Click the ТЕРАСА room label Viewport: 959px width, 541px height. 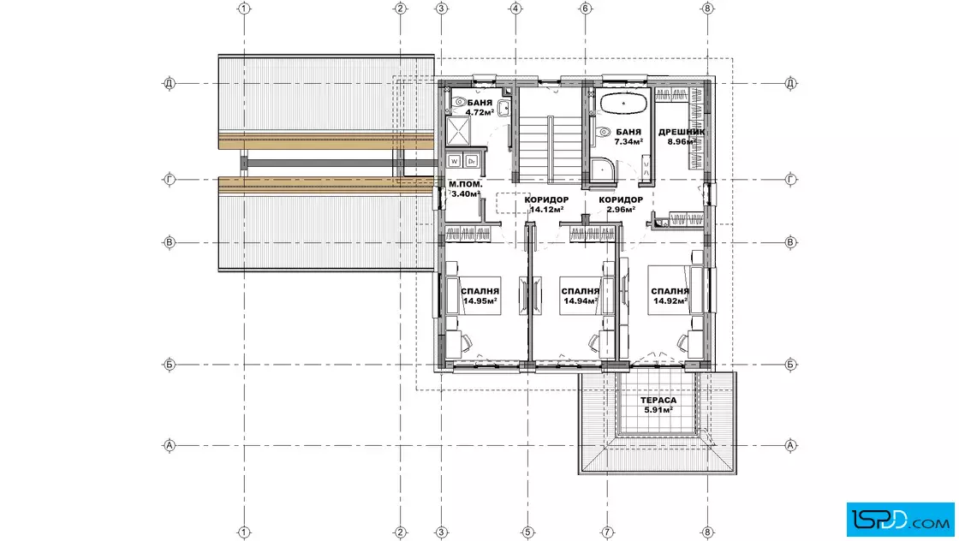[658, 401]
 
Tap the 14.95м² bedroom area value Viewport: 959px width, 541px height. [479, 300]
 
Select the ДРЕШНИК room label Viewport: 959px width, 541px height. [682, 132]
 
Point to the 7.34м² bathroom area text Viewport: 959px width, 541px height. [628, 142]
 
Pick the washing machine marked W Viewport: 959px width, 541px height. [454, 161]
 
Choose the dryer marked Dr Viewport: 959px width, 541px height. [471, 161]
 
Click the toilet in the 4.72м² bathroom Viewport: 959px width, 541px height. [459, 102]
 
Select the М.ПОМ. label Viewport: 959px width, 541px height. [466, 184]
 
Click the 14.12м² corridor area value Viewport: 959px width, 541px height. [546, 210]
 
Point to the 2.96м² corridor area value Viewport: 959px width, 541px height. [620, 210]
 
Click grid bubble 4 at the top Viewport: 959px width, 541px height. [515, 9]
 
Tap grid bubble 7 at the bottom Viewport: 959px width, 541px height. [607, 532]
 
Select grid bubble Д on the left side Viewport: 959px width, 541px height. [170, 83]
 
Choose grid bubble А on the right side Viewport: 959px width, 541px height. [790, 446]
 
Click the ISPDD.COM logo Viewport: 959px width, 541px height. [900, 520]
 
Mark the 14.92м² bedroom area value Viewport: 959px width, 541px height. [670, 300]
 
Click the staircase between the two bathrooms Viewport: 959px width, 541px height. [550, 149]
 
